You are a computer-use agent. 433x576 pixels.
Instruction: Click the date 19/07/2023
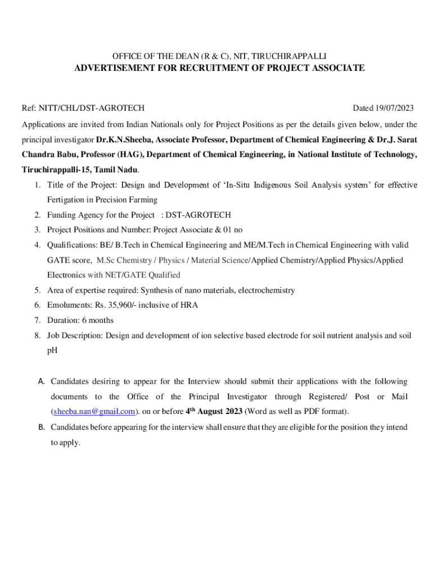click(x=396, y=107)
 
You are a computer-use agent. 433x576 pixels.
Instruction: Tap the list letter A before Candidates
click(x=41, y=381)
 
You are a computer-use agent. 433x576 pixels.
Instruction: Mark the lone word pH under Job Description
click(x=52, y=350)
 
